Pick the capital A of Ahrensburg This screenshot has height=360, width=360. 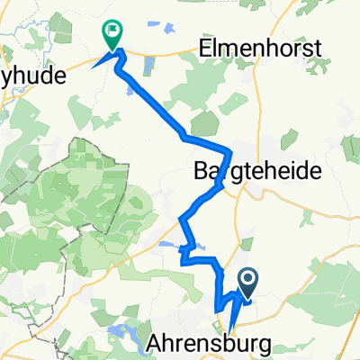[x=152, y=344]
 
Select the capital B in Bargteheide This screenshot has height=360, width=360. [x=201, y=170]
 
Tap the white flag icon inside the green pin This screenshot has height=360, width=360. [x=112, y=30]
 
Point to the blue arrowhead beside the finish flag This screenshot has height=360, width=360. [x=96, y=63]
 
